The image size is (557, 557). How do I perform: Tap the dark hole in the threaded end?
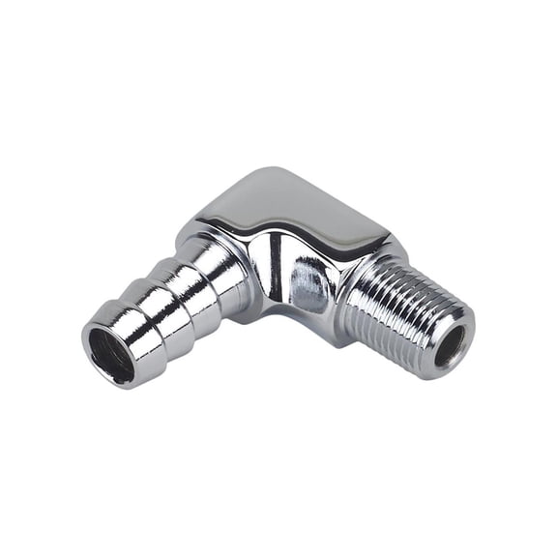pos(451,344)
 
